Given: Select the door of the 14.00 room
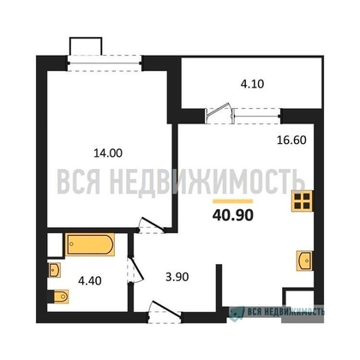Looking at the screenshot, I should click(x=152, y=225).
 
